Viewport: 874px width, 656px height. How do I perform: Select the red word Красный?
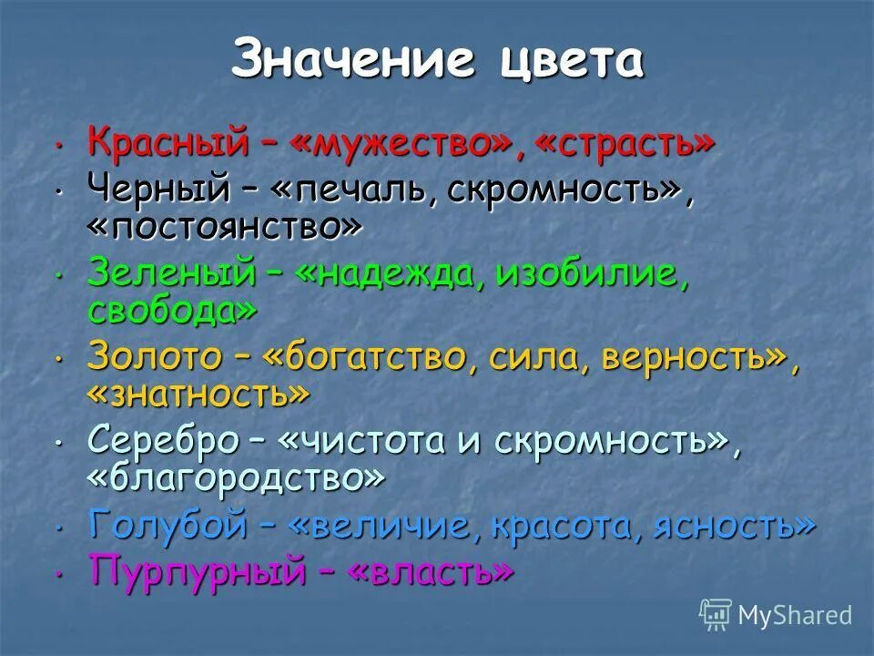pyautogui.click(x=168, y=144)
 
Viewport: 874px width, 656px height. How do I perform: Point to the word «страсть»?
pyautogui.click(x=618, y=144)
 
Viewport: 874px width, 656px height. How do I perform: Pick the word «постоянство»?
pyautogui.click(x=224, y=228)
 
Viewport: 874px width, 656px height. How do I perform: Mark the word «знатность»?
pyautogui.click(x=198, y=395)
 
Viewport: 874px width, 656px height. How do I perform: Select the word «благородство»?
pyautogui.click(x=236, y=477)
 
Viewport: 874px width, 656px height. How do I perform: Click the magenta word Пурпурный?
pyautogui.click(x=197, y=571)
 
